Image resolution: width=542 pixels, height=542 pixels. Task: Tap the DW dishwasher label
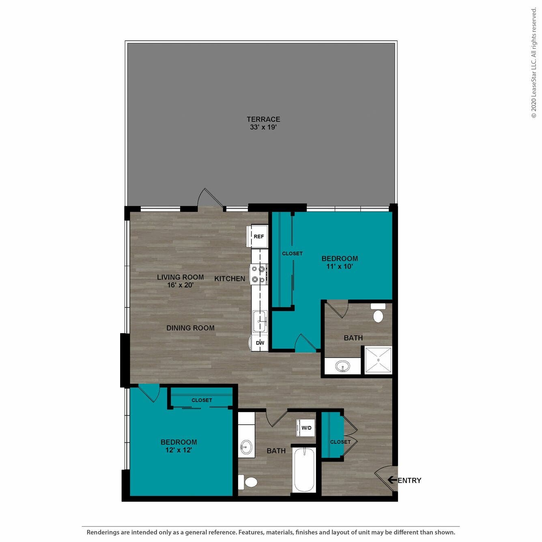[x=260, y=343]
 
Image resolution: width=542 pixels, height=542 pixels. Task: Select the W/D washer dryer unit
[x=306, y=428]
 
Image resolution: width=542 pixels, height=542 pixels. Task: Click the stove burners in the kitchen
[x=258, y=274]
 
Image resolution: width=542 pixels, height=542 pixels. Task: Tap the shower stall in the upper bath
[x=378, y=359]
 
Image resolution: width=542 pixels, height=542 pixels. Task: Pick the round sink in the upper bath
[x=343, y=367]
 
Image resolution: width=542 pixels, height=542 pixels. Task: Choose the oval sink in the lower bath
[x=246, y=447]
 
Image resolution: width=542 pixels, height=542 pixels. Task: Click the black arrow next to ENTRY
[x=392, y=480]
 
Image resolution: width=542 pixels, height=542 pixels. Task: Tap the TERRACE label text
[x=263, y=119]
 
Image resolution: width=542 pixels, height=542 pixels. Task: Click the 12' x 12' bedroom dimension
[x=179, y=450]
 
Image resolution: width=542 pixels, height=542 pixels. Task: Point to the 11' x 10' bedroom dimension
[x=340, y=267]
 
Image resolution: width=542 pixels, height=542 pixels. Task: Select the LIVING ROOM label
[x=180, y=277]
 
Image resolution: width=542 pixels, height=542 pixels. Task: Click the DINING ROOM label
[x=190, y=328]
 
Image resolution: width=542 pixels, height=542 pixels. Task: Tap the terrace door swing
[x=211, y=199]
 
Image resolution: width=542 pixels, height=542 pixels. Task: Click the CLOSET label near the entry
[x=340, y=442]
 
